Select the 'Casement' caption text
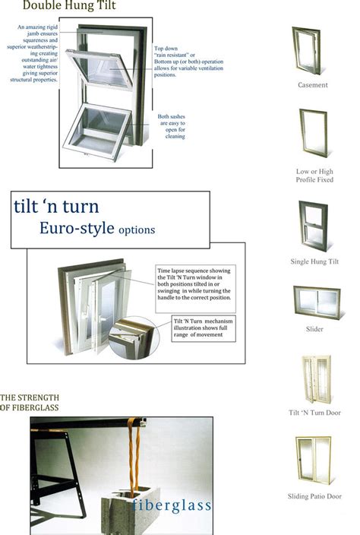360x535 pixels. [x=312, y=85]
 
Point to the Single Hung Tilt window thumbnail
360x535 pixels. [x=312, y=226]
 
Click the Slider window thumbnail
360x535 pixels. [x=316, y=303]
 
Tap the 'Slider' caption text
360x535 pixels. [x=314, y=329]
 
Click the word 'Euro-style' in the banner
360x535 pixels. [x=72, y=228]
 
